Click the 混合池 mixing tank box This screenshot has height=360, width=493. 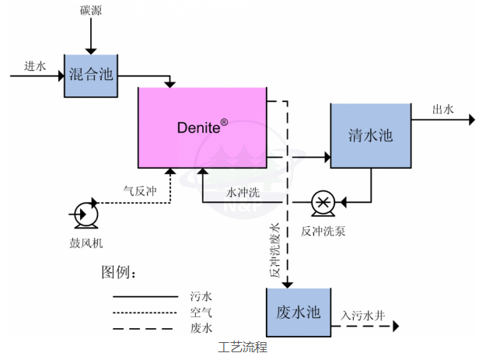click(92, 76)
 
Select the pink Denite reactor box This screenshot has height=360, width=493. click(201, 128)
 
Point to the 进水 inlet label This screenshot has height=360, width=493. click(35, 66)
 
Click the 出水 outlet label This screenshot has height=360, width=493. click(443, 110)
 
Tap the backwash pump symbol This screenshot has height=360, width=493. click(320, 202)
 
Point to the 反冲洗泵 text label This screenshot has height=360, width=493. click(321, 231)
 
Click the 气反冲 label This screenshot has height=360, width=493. click(140, 189)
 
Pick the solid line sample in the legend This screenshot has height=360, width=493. click(145, 295)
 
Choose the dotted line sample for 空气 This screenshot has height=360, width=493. click(145, 312)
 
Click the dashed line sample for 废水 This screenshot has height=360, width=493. click(145, 328)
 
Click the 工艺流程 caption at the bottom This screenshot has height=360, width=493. click(242, 348)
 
